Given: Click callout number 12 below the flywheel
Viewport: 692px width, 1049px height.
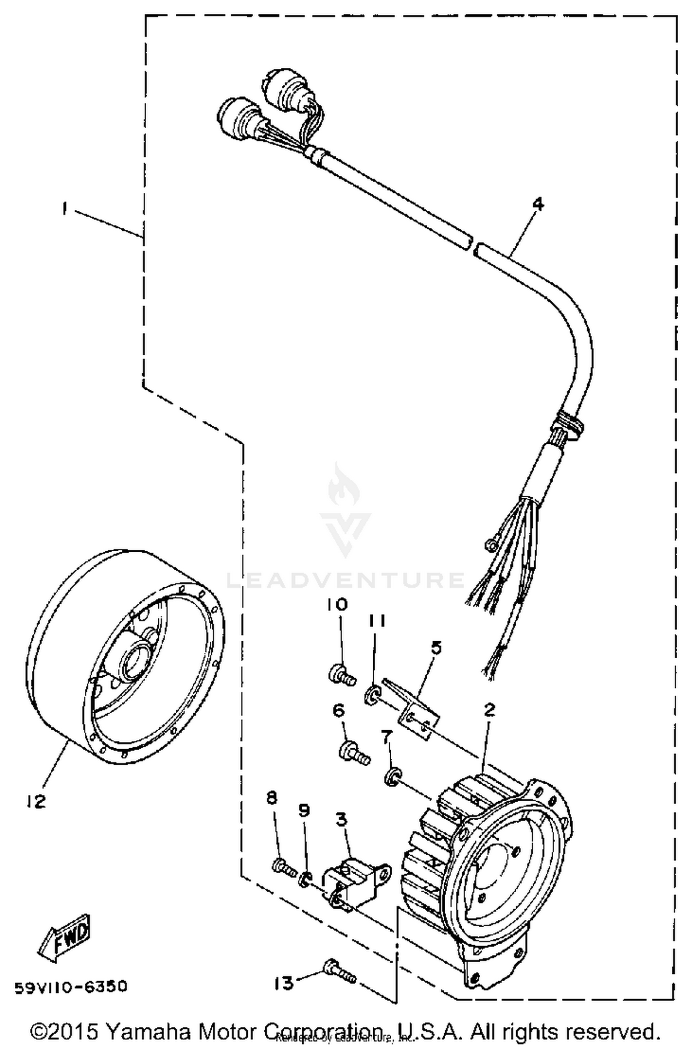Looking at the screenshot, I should click(x=36, y=801).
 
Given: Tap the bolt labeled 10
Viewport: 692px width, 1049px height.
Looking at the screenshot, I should click(x=342, y=675).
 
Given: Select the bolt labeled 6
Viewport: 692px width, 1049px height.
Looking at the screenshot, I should click(x=354, y=754).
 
